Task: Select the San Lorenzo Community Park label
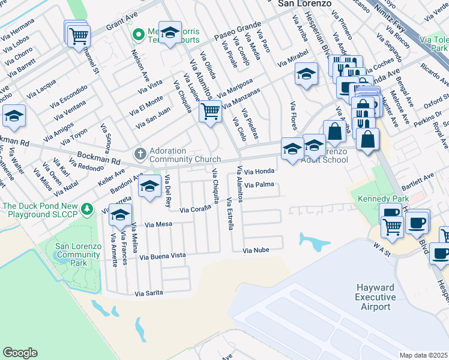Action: pyautogui.click(x=78, y=255)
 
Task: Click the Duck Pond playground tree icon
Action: pyautogui.click(x=88, y=208)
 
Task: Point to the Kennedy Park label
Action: pyautogui.click(x=383, y=199)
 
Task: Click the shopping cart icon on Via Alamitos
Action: pyautogui.click(x=210, y=111)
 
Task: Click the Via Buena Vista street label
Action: pyautogui.click(x=162, y=256)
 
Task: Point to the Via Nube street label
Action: pyautogui.click(x=256, y=250)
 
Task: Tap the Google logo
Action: pyautogui.click(x=20, y=353)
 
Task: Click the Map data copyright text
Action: pyautogui.click(x=424, y=355)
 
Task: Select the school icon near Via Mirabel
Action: pyautogui.click(x=306, y=74)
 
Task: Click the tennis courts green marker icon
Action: pyautogui.click(x=137, y=33)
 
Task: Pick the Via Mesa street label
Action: pyautogui.click(x=159, y=225)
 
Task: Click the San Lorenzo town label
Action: pyautogui.click(x=305, y=4)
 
